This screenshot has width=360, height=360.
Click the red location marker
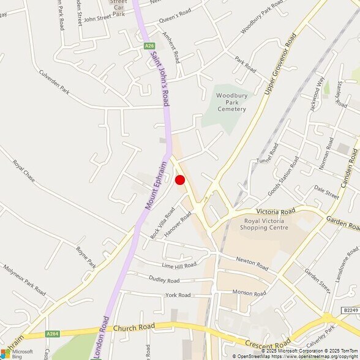tap(180, 179)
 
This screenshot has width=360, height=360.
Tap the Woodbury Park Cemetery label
tap(231, 102)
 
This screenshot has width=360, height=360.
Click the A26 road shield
tap(149, 45)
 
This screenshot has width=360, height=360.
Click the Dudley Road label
tap(164, 280)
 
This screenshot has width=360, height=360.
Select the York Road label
tap(178, 295)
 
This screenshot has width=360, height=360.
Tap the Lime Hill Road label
tap(179, 265)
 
